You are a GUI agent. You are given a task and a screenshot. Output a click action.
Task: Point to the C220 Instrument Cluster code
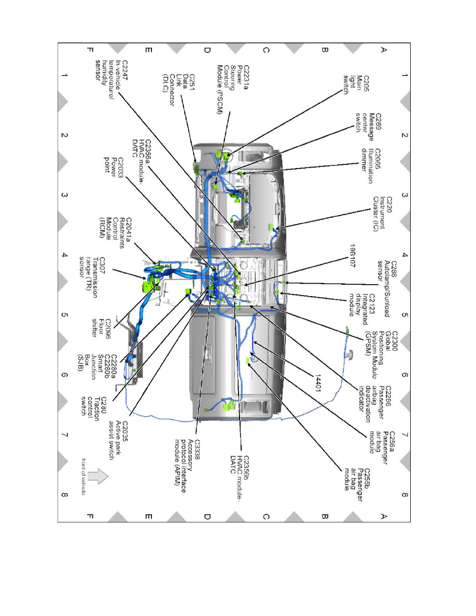(389, 205)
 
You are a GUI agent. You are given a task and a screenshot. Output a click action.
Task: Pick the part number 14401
(318, 383)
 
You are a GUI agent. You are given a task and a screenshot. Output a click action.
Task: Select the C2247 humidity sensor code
(125, 71)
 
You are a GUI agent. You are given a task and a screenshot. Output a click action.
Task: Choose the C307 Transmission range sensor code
(102, 265)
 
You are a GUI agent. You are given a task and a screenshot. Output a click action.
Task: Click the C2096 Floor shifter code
(108, 328)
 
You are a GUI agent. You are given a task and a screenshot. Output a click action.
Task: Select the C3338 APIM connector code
(197, 450)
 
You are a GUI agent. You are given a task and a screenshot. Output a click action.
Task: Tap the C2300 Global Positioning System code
(394, 341)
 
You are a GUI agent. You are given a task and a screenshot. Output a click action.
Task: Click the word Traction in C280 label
(96, 409)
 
